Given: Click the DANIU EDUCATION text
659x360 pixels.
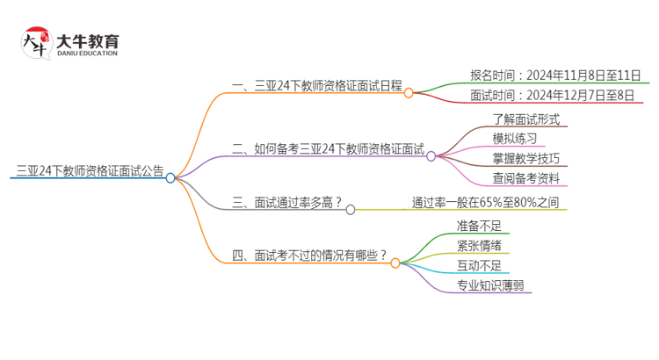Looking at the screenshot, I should (x=86, y=54).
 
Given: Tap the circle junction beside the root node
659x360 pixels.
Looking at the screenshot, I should (x=170, y=176).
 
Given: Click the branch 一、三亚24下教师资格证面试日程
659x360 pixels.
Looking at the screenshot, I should (x=315, y=85).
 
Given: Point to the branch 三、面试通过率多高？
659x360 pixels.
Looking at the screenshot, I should (x=286, y=203).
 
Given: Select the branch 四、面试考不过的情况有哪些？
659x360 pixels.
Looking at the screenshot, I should (x=309, y=256).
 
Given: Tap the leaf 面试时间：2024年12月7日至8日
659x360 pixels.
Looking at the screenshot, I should (x=553, y=96).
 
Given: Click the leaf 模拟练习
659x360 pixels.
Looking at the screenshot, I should (x=514, y=139).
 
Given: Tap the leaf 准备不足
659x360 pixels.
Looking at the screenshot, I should (x=479, y=226).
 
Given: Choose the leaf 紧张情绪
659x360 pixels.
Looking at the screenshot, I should (x=479, y=245).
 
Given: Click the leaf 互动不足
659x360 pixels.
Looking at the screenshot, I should (x=479, y=265).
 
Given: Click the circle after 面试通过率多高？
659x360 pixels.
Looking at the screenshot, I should (x=351, y=209).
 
